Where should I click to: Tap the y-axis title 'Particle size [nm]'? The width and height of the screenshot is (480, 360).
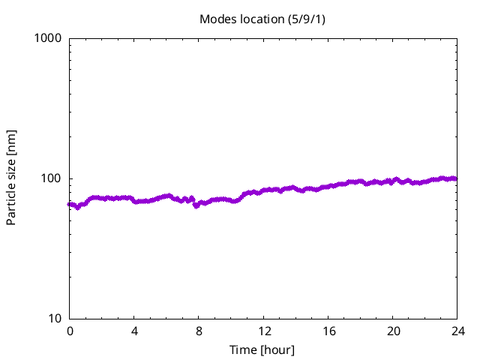[x=11, y=177]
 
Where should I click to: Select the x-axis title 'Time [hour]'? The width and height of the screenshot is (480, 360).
[x=262, y=349]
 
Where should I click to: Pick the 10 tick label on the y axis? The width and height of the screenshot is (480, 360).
[x=54, y=319]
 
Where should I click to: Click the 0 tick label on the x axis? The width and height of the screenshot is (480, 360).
[x=70, y=331]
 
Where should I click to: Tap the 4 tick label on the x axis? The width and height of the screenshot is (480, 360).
[x=134, y=331]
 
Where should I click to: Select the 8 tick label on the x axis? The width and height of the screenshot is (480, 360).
[x=199, y=331]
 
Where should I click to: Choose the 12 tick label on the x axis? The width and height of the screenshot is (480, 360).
[x=263, y=331]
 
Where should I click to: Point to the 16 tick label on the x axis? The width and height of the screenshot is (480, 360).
[x=328, y=331]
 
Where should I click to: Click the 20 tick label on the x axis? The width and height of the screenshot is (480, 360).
[x=392, y=331]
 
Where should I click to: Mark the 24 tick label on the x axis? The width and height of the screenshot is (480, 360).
[x=457, y=331]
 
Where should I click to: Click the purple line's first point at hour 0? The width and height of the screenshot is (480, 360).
[x=70, y=204]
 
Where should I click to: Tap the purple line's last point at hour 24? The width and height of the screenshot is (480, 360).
[x=456, y=178]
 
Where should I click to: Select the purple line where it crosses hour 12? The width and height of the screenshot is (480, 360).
[x=263, y=192]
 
